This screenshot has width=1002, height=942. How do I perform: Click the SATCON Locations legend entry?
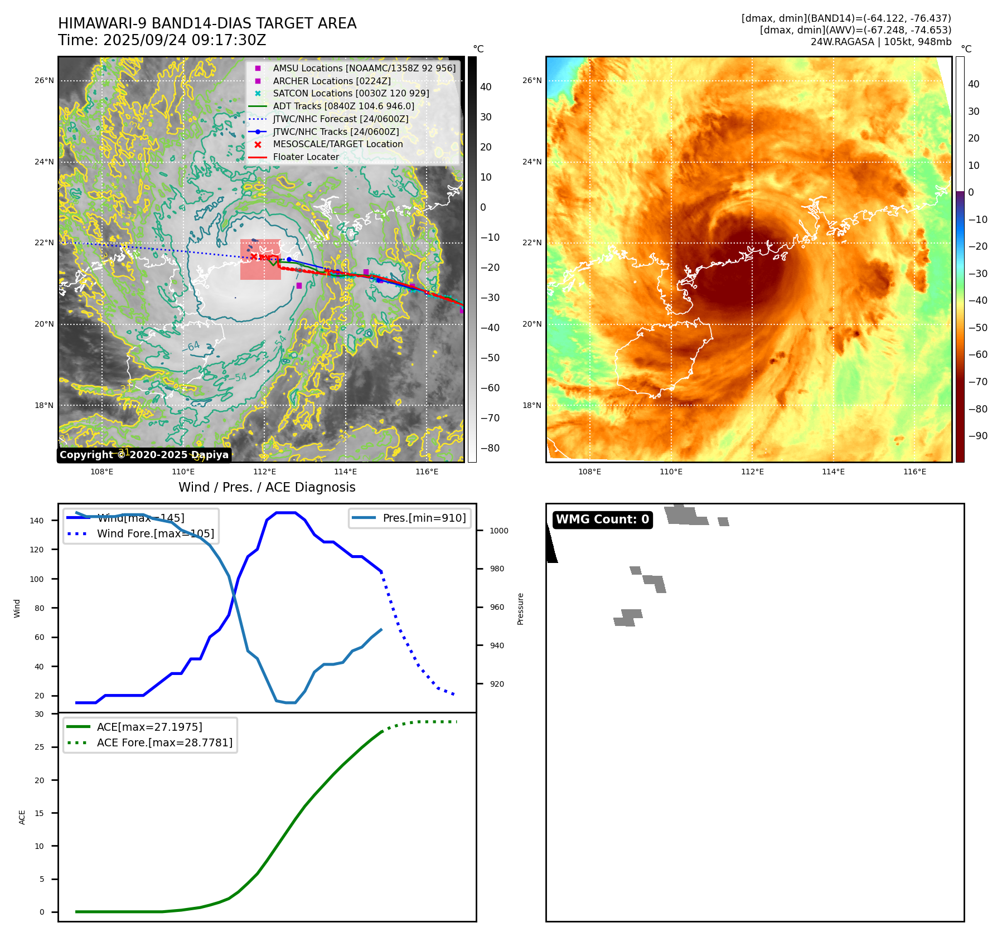pyautogui.click(x=351, y=93)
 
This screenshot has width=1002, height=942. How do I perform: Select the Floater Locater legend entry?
pyautogui.click(x=306, y=157)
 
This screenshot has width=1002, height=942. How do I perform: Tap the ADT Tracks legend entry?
pyautogui.click(x=343, y=106)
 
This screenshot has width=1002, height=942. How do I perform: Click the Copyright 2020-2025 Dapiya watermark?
pyautogui.click(x=144, y=455)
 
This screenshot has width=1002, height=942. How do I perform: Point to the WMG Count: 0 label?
pyautogui.click(x=602, y=519)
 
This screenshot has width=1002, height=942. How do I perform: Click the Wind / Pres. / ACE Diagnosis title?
pyautogui.click(x=267, y=487)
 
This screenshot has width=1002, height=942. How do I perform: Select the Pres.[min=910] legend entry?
pyautogui.click(x=424, y=518)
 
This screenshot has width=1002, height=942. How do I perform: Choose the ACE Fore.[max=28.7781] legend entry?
pyautogui.click(x=164, y=742)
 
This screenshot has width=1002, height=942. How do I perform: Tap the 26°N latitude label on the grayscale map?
pyautogui.click(x=44, y=80)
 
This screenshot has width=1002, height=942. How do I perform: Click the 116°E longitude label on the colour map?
pyautogui.click(x=914, y=472)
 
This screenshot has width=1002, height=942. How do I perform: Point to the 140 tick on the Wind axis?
pyautogui.click(x=37, y=521)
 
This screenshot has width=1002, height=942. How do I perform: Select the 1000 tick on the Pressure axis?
pyautogui.click(x=498, y=531)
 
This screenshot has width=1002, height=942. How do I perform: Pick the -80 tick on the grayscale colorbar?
pyautogui.click(x=490, y=448)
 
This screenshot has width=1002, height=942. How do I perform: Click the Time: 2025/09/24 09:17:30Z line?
pyautogui.click(x=162, y=40)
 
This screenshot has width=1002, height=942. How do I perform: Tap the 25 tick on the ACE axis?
pyautogui.click(x=39, y=747)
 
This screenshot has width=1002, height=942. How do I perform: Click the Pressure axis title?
pyautogui.click(x=520, y=609)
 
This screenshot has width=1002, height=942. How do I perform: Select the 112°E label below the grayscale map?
pyautogui.click(x=264, y=472)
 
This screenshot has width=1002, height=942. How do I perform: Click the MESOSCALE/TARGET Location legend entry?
pyautogui.click(x=337, y=144)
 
